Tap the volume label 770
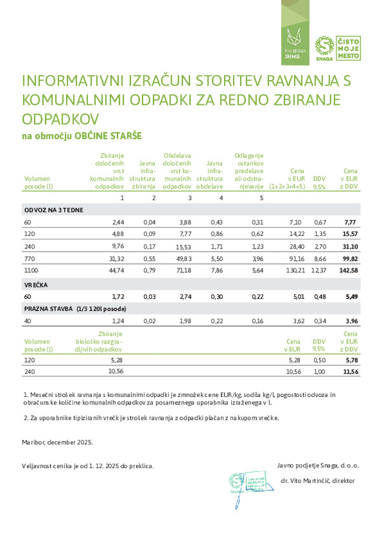29,259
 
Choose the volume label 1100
30,271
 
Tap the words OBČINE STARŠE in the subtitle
108,136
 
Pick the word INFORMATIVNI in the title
70,82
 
